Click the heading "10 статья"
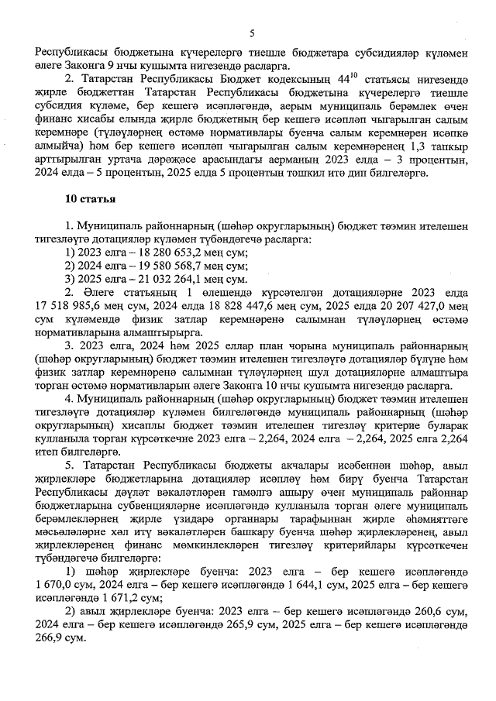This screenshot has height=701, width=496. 91,200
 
